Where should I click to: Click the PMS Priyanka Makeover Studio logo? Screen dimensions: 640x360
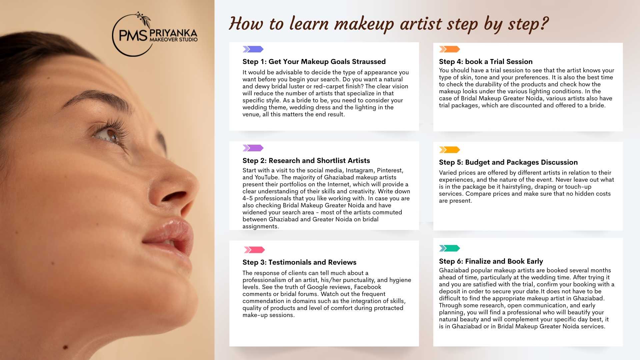[x=155, y=34]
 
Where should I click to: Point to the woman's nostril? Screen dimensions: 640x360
[x=176, y=195]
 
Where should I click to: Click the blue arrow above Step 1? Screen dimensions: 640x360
[x=253, y=49]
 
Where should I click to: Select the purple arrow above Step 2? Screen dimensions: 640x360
[x=253, y=148]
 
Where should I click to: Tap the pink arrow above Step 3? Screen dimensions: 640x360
[x=254, y=250]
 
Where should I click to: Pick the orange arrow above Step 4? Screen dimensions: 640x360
[x=450, y=49]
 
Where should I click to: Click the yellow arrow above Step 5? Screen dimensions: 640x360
[x=450, y=150]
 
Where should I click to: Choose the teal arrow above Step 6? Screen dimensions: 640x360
[x=450, y=248]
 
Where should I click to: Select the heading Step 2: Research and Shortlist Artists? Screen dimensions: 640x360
[x=306, y=161]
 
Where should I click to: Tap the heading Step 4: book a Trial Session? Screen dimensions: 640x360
[x=486, y=62]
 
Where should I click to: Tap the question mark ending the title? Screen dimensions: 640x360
[x=543, y=23]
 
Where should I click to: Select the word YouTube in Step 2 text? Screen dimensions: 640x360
[x=266, y=177]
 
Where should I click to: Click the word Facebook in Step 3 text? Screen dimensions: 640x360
[x=368, y=287]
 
